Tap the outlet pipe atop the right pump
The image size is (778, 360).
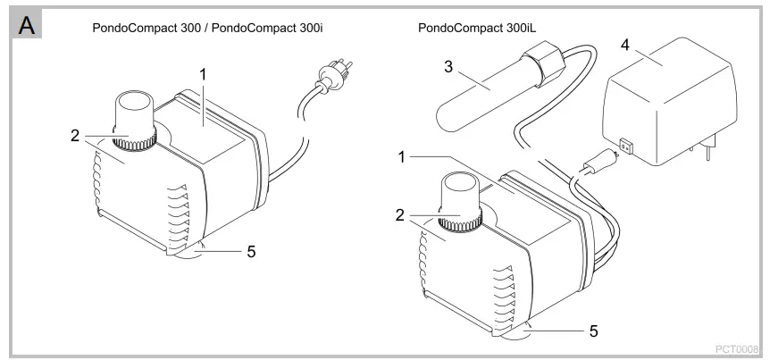[x=457, y=196]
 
